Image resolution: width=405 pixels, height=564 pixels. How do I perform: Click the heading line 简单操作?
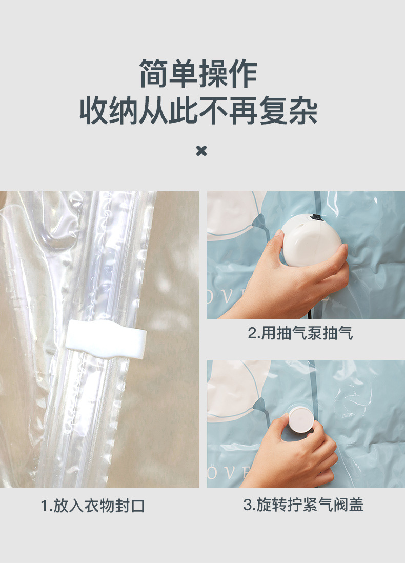point(198,74)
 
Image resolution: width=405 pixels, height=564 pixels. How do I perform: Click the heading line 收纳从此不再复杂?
point(198,111)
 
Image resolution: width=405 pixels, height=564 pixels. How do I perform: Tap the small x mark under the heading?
point(201,151)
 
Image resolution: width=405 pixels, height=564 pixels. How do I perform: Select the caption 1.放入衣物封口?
point(93,506)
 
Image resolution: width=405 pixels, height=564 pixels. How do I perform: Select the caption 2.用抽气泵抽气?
point(300,334)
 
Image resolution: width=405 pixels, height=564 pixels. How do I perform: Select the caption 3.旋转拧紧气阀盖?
point(303,505)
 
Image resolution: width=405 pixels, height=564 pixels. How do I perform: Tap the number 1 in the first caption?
point(45,506)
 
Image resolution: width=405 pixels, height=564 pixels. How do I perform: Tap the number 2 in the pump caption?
point(252,334)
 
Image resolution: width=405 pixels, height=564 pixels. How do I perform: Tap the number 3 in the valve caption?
point(247,505)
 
